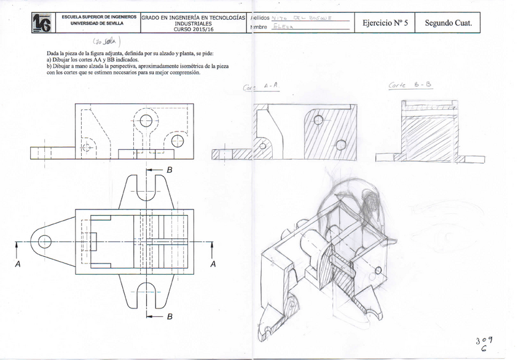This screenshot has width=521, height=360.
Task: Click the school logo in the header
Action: tap(42, 23)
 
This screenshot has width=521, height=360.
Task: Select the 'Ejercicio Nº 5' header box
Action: tap(385, 23)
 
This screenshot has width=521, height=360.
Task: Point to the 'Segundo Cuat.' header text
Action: tap(448, 23)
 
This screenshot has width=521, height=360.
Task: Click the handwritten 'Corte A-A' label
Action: tap(262, 87)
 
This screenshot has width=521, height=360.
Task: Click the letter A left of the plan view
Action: tap(18, 264)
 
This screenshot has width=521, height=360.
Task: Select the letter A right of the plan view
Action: tap(213, 264)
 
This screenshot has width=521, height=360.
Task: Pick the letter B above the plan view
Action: tap(170, 169)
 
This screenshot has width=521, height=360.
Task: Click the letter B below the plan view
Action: tap(170, 316)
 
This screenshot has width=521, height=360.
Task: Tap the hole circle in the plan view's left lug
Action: tap(44, 241)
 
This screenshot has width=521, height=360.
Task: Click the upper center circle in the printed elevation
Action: tap(146, 120)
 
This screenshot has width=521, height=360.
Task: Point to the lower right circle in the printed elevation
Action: tap(178, 141)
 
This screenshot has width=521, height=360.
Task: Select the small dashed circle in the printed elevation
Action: tap(86, 147)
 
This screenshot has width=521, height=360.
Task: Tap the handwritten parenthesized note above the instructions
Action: tap(106, 42)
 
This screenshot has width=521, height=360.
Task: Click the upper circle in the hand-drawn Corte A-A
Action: tap(317, 120)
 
